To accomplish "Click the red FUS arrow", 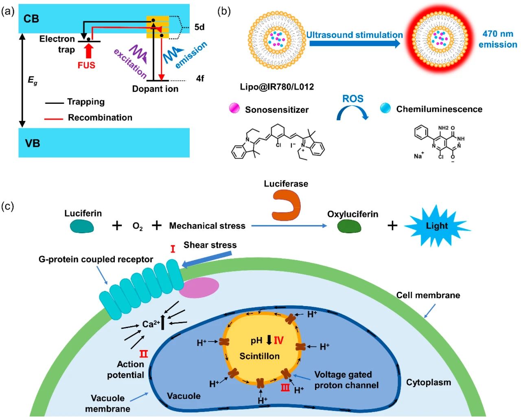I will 89,51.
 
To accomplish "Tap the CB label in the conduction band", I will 31,19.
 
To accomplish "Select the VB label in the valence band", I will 33,143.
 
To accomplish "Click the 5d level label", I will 199,27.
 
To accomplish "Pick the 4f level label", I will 200,79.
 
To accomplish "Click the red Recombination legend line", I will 54,119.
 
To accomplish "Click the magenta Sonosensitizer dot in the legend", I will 234,108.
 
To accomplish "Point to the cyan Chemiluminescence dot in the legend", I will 385,108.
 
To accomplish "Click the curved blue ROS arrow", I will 352,112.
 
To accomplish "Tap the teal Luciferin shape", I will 82,226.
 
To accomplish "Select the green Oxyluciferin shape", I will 349,226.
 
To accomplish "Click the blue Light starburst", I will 437,226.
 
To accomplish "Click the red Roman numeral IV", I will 278,340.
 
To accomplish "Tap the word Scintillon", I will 259,356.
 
